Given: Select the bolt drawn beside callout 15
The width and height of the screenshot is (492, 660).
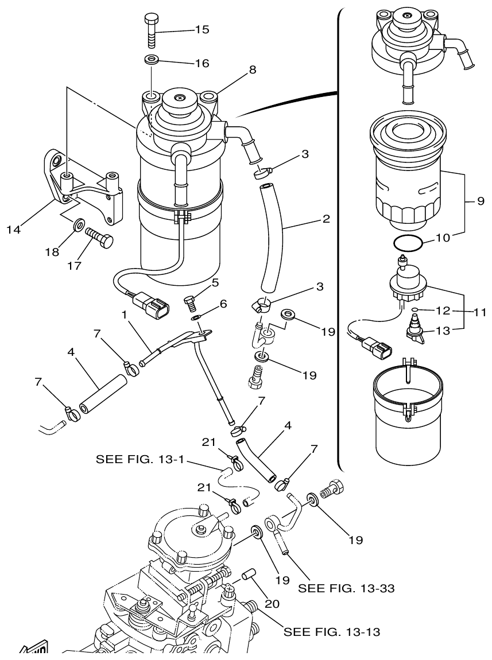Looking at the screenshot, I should click(x=150, y=30).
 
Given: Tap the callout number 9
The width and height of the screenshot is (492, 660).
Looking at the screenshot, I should click(x=480, y=201).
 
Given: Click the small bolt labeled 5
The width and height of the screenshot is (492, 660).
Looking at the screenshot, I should click(x=191, y=300).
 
